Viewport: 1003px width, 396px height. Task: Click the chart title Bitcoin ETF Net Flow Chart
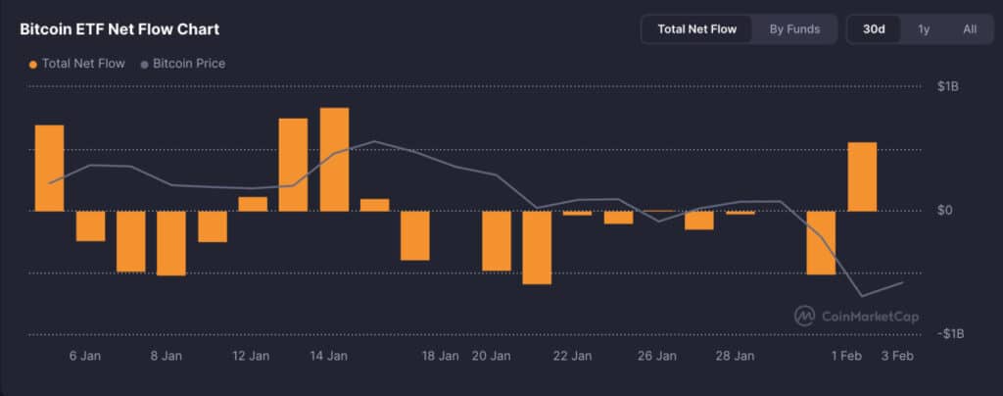point(119,29)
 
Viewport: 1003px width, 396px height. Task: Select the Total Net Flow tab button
point(696,29)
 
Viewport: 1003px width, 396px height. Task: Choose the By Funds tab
point(794,29)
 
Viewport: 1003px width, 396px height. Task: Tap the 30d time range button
point(874,29)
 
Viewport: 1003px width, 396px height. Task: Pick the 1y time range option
point(924,29)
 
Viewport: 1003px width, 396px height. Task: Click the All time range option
point(970,29)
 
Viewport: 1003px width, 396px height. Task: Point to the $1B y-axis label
point(948,87)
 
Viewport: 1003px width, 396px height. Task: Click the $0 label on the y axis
point(944,211)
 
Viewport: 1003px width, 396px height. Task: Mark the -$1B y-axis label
point(949,334)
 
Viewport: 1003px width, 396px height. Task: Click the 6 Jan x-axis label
point(86,356)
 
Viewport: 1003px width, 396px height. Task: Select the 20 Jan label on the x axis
point(490,356)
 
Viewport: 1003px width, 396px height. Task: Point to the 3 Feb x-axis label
point(896,356)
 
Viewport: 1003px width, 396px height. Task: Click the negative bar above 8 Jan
point(171,243)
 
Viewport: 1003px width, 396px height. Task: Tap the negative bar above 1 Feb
point(821,242)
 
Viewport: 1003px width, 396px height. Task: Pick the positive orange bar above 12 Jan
point(253,204)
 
